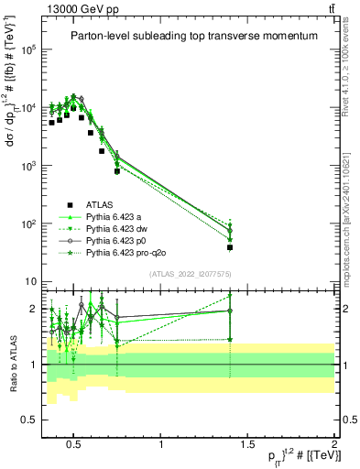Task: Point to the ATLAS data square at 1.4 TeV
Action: coord(230,247)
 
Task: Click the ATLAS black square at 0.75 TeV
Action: coord(117,171)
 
